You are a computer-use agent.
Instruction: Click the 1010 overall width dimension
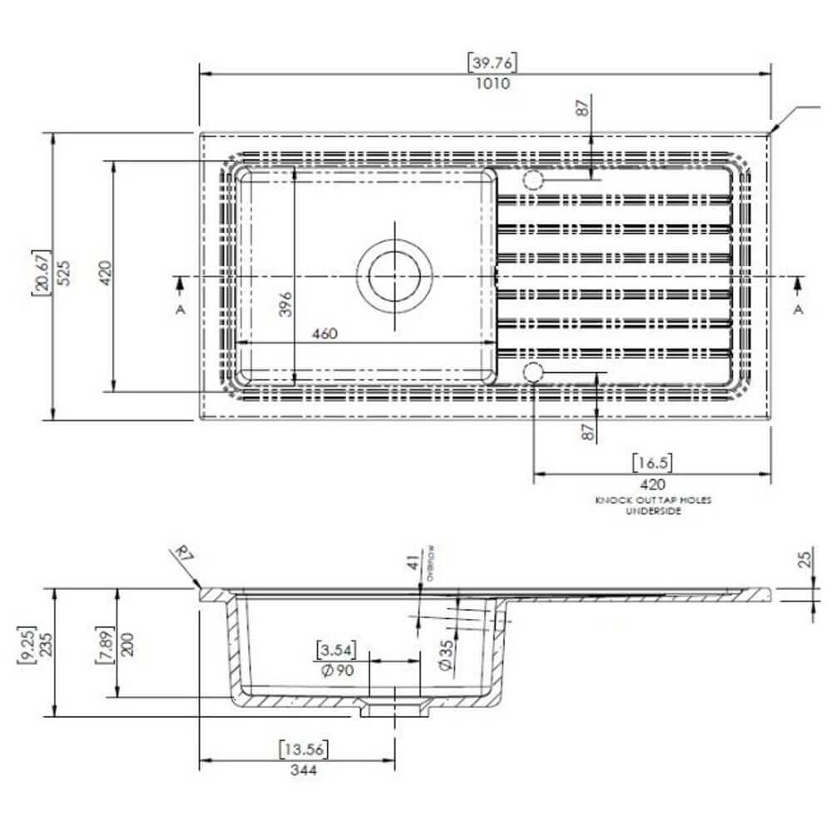tap(493, 83)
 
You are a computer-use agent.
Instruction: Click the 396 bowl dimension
tap(285, 305)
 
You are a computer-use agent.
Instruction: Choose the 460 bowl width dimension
tap(324, 334)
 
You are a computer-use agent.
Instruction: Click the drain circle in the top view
tap(396, 275)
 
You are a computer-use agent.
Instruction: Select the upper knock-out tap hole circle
tap(533, 180)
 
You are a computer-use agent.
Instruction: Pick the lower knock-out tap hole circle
tap(533, 372)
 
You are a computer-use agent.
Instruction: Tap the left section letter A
tap(180, 310)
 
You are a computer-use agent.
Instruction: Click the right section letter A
tap(798, 310)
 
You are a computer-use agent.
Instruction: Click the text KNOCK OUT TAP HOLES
tap(653, 500)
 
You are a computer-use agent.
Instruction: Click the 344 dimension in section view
tap(304, 770)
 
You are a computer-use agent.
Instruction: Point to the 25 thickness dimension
tap(804, 559)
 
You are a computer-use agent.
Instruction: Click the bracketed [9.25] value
tap(27, 644)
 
